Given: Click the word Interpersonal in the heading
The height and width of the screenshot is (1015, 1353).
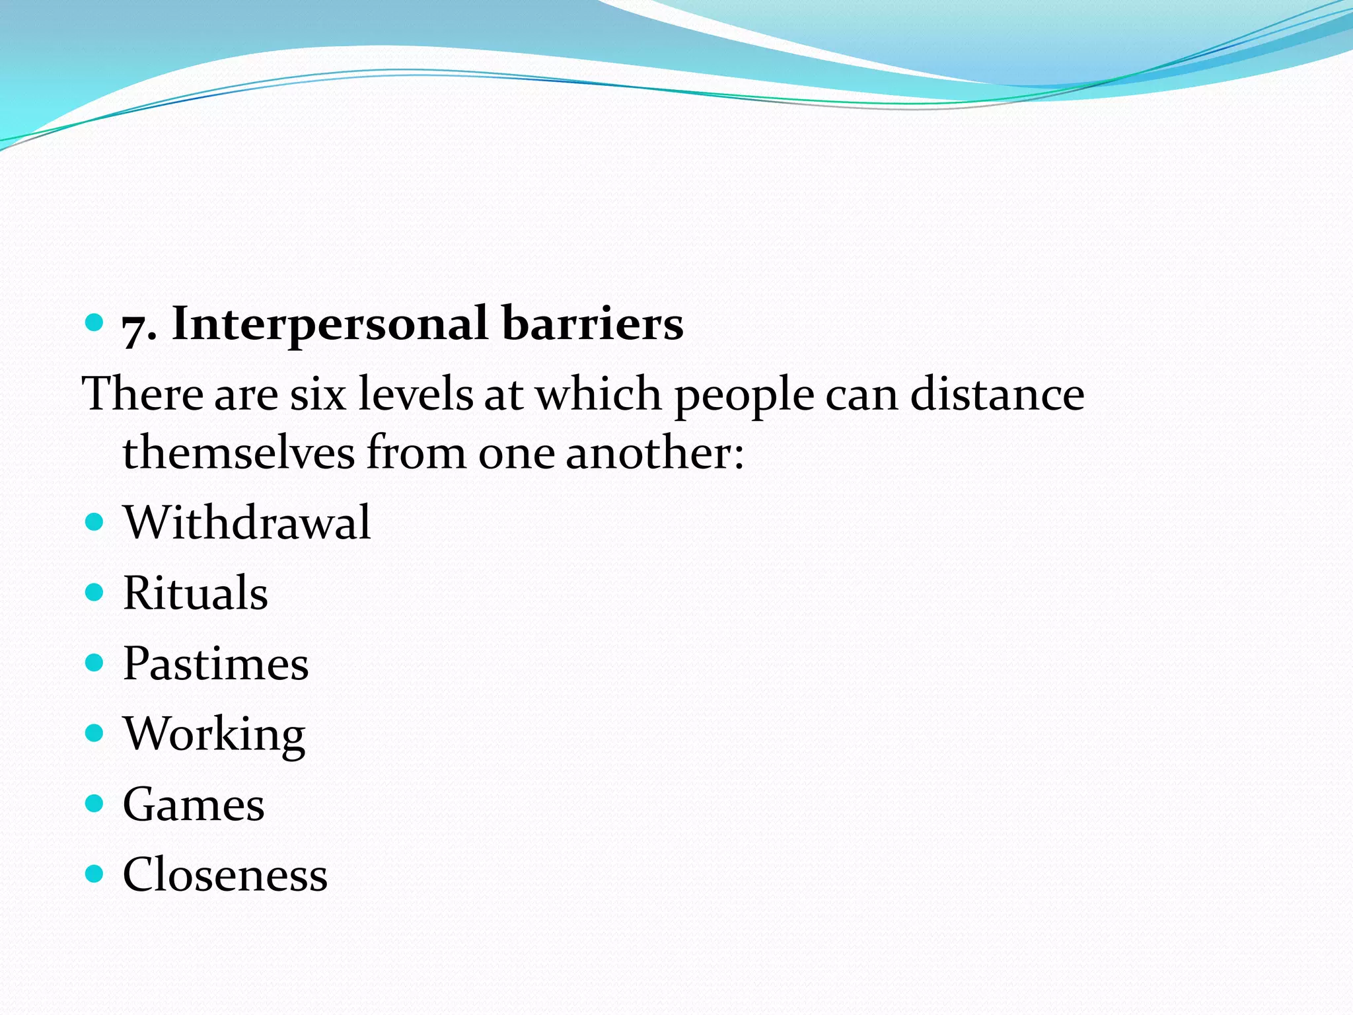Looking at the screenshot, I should (330, 324).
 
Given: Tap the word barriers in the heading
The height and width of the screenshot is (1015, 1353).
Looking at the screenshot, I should (593, 324).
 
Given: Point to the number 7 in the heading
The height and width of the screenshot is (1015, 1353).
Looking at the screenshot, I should (135, 328).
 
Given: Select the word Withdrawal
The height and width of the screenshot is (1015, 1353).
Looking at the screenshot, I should (247, 523).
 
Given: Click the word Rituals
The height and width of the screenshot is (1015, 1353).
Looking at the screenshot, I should (196, 593).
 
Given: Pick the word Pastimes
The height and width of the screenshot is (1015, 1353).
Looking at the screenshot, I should (216, 663).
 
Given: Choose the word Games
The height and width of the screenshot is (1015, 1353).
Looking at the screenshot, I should (194, 805).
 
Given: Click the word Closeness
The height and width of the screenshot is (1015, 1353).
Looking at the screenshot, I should (225, 875).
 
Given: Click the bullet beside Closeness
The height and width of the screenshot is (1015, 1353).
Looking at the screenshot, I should (95, 874).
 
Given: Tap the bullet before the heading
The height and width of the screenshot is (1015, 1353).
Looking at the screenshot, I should (95, 322).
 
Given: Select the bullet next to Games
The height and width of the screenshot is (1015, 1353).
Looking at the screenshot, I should (95, 804).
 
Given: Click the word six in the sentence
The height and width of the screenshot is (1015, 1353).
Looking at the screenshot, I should (318, 395).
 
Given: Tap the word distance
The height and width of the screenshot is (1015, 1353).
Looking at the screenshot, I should (997, 395).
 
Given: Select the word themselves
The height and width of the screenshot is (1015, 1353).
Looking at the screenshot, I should (238, 453).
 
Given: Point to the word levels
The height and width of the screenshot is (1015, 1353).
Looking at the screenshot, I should (416, 395).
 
